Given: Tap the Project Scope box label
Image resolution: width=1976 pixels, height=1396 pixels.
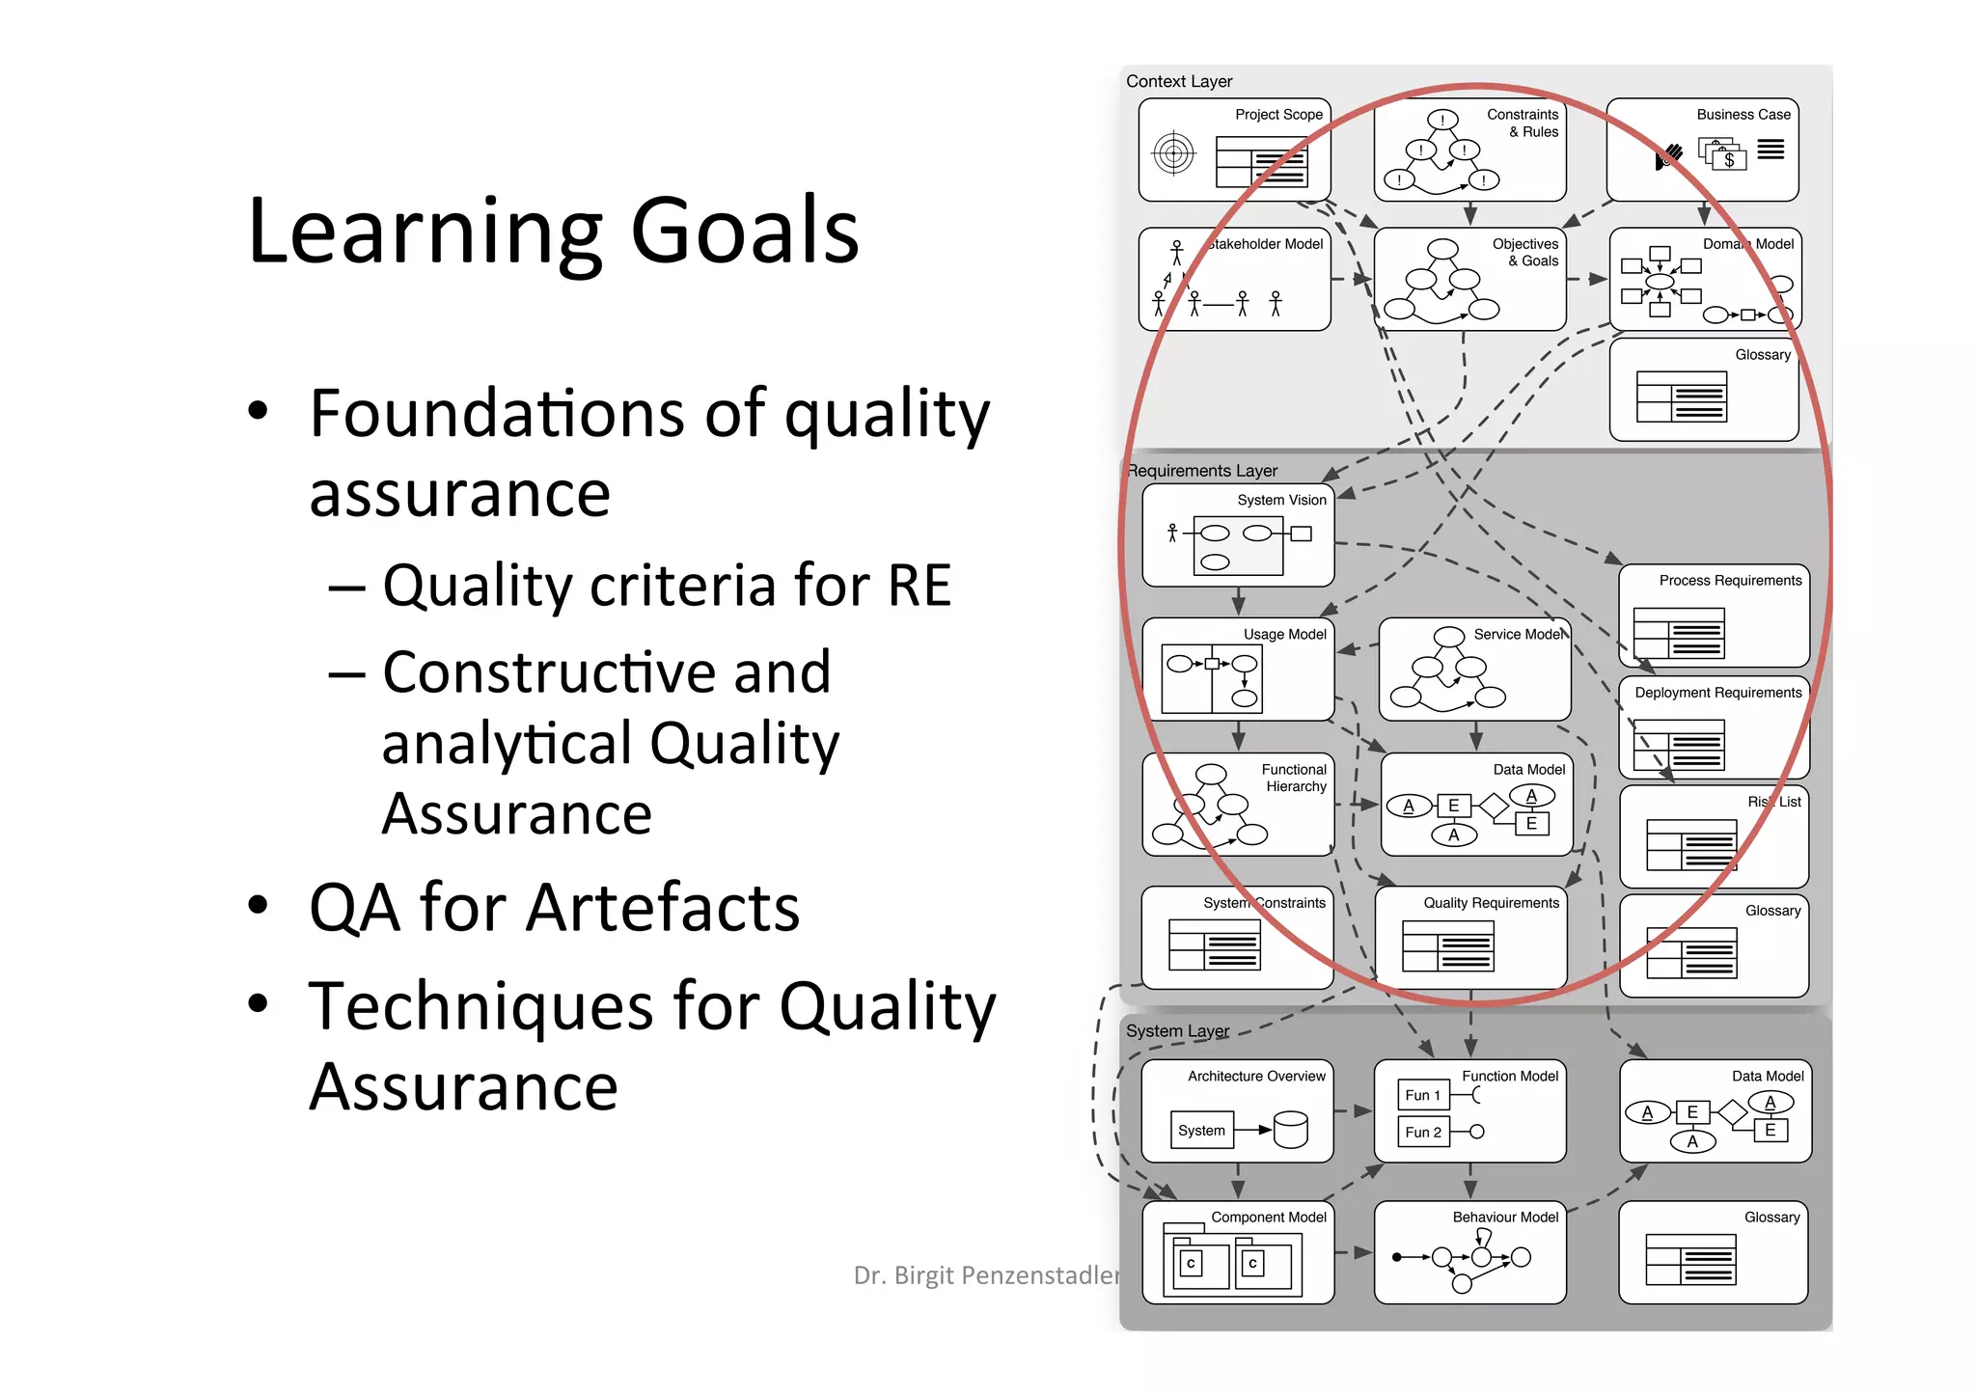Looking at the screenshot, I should (1278, 115).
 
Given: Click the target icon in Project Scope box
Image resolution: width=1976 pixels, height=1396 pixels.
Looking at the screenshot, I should (1173, 153).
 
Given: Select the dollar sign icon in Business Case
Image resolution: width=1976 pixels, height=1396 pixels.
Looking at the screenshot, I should (1729, 160).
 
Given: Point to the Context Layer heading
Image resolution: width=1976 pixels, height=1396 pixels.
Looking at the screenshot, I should (1179, 82).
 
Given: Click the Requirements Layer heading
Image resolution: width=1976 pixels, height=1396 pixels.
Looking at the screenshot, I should (1203, 471).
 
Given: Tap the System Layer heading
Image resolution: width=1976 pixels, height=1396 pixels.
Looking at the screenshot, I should (1177, 1031).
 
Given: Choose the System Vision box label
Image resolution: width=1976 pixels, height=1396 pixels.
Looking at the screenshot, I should (1281, 501).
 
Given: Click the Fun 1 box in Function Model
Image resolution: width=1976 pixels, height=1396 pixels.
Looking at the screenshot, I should (1423, 1096).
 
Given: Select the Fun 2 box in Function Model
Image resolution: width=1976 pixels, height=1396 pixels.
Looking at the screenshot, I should (1423, 1133).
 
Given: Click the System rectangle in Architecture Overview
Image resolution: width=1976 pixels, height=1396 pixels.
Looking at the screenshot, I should (1201, 1131).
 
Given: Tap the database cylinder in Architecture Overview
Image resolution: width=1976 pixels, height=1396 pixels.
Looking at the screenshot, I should (1290, 1130).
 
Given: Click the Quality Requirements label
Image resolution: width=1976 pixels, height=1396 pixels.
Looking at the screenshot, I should (1491, 903).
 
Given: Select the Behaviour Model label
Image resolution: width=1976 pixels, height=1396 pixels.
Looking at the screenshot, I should (1505, 1218).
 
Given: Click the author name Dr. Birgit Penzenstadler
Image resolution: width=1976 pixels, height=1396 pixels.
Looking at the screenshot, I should (986, 1276).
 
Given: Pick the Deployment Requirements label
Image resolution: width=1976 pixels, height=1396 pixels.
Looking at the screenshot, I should (1717, 693).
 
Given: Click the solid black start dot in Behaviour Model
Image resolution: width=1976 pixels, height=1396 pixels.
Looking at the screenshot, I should (1397, 1257).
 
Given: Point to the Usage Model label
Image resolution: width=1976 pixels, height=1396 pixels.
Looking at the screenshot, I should (1284, 635).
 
